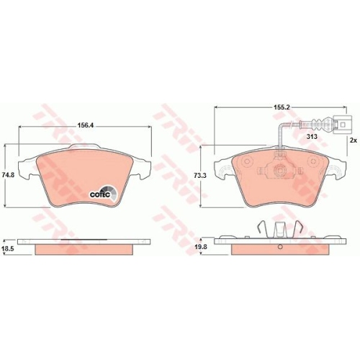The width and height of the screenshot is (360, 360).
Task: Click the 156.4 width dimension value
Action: pyautogui.click(x=85, y=125)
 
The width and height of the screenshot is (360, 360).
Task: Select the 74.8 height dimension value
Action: pyautogui.click(x=8, y=175)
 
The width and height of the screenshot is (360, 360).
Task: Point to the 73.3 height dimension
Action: pyautogui.click(x=199, y=176)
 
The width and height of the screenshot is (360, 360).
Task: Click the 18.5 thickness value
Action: pyautogui.click(x=8, y=248)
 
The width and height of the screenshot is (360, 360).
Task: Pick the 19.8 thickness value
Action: pyautogui.click(x=199, y=247)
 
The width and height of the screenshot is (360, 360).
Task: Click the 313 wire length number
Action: pyautogui.click(x=312, y=137)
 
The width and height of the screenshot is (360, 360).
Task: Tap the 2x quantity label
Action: pyautogui.click(x=353, y=140)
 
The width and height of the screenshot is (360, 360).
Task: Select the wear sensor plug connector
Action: pyautogui.click(x=343, y=125)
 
